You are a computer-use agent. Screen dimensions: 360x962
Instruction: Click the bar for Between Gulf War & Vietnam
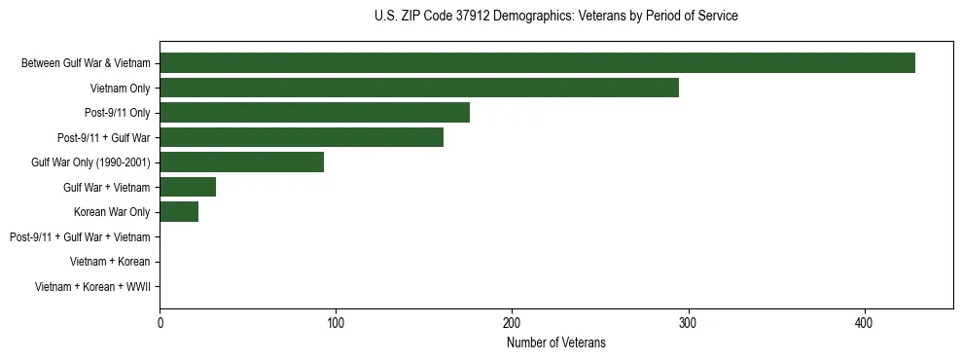537,63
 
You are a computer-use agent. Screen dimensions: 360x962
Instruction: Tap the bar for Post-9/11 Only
314,113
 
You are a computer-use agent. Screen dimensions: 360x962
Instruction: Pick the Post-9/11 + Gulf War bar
302,137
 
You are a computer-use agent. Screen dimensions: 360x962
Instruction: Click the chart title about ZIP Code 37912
555,17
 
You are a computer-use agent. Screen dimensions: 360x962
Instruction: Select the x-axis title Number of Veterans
555,342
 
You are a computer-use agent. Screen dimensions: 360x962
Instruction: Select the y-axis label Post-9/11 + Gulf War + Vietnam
80,237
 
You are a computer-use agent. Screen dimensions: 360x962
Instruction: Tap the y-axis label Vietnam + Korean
110,262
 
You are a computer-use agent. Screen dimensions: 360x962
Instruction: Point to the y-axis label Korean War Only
112,212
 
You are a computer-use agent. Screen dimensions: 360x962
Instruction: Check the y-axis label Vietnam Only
119,89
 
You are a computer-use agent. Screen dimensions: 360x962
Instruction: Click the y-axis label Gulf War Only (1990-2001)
90,162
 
